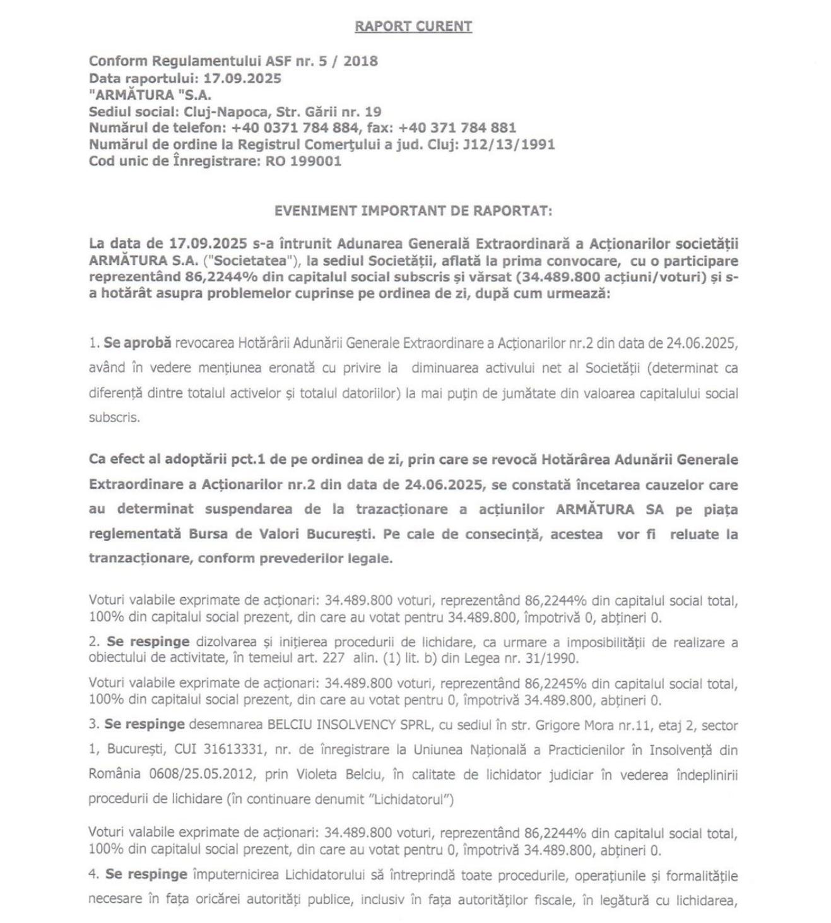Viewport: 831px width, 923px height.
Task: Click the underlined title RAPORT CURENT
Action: (413, 27)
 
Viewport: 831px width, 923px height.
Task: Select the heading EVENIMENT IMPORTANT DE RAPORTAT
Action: (413, 211)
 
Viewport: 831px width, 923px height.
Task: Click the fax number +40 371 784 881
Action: (457, 128)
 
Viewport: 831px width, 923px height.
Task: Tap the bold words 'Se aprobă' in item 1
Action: (138, 343)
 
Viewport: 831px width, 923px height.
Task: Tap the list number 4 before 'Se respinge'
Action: (93, 875)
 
